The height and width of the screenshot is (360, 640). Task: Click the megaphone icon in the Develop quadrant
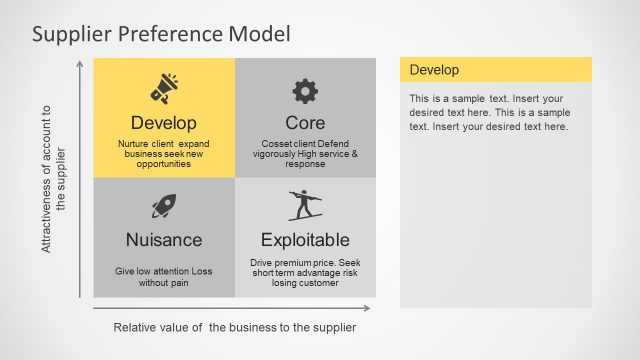(164, 89)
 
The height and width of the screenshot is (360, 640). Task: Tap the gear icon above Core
(305, 91)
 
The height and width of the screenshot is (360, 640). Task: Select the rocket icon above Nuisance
(164, 207)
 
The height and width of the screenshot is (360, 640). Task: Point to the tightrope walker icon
(305, 205)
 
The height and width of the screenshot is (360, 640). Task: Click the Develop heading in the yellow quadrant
(164, 123)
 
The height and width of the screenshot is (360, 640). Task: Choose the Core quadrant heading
(305, 123)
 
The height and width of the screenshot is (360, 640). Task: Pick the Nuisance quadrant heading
(164, 240)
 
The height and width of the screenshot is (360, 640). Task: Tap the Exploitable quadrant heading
(305, 240)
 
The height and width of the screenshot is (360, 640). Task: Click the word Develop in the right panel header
(434, 70)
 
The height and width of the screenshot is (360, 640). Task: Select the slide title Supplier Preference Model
(161, 34)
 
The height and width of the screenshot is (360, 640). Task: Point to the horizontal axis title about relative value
(234, 327)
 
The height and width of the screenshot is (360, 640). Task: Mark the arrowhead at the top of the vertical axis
(80, 63)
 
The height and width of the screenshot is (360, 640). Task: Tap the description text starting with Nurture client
(164, 154)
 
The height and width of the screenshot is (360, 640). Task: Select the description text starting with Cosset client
(305, 154)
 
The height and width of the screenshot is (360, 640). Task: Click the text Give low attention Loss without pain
(164, 277)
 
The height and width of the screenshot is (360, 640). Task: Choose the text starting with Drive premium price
(305, 272)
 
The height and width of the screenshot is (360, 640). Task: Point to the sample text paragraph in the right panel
(489, 112)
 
